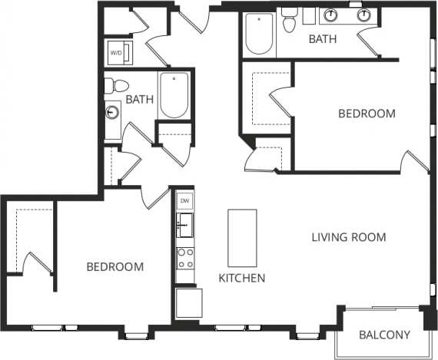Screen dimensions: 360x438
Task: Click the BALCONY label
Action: [x=385, y=335]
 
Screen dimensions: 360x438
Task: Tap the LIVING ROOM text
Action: [x=348, y=236]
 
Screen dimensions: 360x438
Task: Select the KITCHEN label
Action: [x=242, y=278]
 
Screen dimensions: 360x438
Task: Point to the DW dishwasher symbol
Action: [x=184, y=201]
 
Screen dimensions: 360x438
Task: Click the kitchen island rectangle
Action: [x=241, y=236]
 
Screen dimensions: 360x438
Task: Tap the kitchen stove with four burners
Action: [x=184, y=259]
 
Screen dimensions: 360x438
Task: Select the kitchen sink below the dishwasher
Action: [x=184, y=226]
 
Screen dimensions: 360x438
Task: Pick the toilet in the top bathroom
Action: [x=290, y=22]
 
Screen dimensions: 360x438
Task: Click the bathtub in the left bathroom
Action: [x=174, y=95]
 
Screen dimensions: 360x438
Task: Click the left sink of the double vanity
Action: [x=333, y=15]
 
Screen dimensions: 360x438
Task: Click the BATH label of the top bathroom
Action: [x=323, y=38]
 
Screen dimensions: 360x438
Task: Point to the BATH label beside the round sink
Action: [x=139, y=99]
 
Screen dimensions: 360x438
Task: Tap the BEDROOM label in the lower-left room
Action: [x=115, y=267]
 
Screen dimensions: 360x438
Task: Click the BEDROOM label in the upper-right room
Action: [x=367, y=114]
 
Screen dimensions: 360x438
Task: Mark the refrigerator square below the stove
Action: [x=187, y=302]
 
